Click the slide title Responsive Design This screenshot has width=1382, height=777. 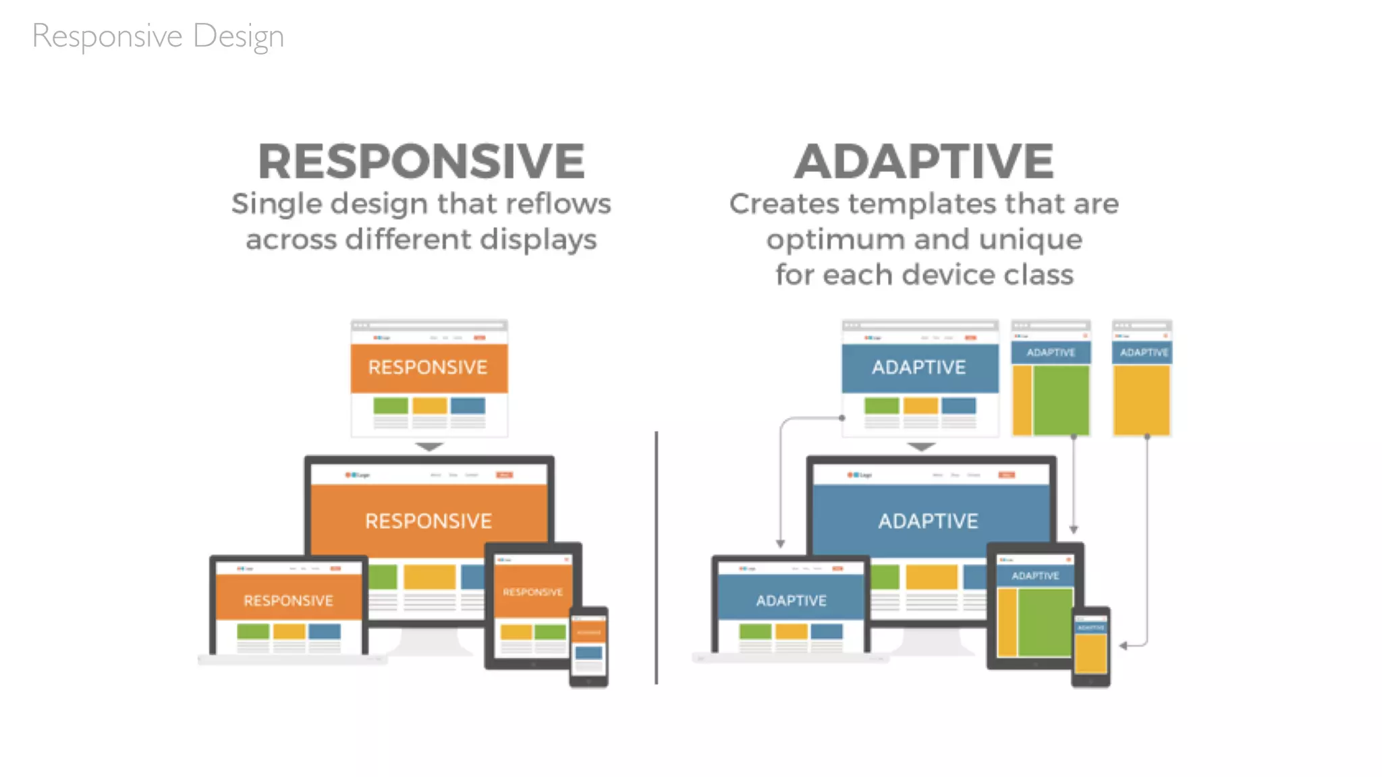[158, 36]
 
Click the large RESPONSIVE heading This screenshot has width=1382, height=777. [421, 162]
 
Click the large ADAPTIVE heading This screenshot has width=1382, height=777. [923, 162]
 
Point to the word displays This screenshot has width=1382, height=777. [538, 239]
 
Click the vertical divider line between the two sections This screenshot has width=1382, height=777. [656, 557]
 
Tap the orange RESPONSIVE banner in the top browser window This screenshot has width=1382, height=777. [428, 368]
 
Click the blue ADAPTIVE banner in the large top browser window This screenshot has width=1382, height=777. [919, 368]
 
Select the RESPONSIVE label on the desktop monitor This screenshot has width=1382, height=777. [429, 521]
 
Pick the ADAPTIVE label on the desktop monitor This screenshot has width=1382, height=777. [928, 521]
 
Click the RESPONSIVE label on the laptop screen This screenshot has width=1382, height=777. [288, 600]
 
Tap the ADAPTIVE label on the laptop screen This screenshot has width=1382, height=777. [791, 600]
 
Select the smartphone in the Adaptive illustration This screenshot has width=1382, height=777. [1090, 647]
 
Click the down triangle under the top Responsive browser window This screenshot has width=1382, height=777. [429, 447]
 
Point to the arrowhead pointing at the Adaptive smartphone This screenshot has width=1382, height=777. [1124, 646]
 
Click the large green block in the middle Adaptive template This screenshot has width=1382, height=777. [1061, 399]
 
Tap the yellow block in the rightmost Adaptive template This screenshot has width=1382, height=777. [1142, 399]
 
